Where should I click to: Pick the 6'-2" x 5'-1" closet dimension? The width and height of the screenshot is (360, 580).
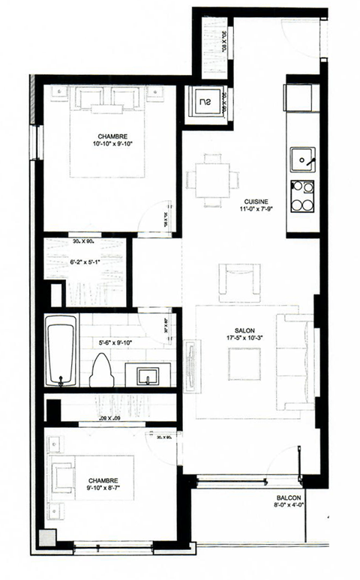point(84,262)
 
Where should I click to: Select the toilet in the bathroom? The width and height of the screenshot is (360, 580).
point(101,369)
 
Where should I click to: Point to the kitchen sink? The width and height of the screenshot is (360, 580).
point(303,159)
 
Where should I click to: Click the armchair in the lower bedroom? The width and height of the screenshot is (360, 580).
point(63,477)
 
